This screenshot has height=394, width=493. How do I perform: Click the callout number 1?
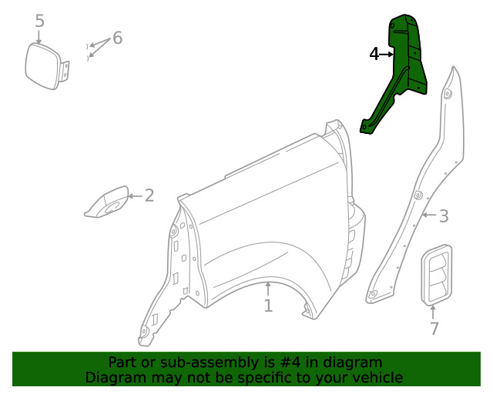tap(268, 306)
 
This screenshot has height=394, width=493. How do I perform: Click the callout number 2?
tap(149, 195)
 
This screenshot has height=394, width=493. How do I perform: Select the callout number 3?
tap(444, 216)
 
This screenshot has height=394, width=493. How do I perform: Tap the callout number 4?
tap(374, 55)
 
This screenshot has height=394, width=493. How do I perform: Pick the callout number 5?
tap(40, 21)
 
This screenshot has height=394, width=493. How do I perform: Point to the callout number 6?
tap(117, 38)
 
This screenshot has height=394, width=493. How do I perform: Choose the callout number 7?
tap(434, 329)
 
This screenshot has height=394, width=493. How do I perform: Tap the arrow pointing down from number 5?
tap(39, 35)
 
